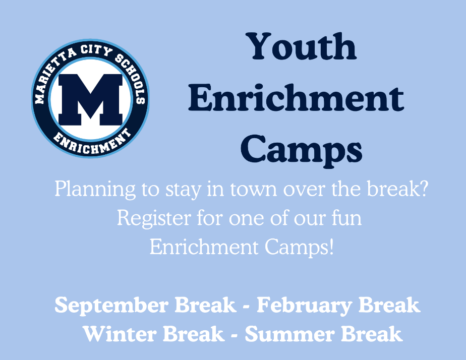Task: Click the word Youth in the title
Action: click(x=302, y=46)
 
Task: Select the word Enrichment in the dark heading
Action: click(x=296, y=98)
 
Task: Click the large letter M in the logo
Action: click(x=90, y=99)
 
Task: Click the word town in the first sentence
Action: click(x=254, y=189)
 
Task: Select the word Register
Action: click(x=154, y=219)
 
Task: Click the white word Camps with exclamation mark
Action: click(x=299, y=248)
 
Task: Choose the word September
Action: click(x=111, y=306)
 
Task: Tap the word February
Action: click(x=305, y=306)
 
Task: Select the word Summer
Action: click(x=290, y=334)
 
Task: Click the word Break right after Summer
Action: click(x=372, y=334)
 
